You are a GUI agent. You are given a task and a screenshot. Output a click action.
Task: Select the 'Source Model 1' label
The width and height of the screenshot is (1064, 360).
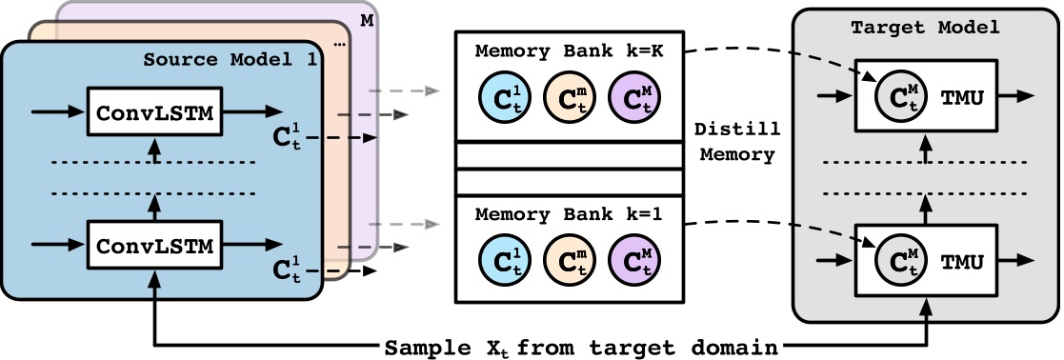pyautogui.click(x=230, y=59)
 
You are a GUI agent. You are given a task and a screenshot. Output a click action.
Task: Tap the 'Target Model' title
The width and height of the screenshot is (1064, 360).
pyautogui.click(x=924, y=28)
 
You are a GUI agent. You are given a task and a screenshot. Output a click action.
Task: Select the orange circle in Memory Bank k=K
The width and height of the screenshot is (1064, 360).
pyautogui.click(x=566, y=96)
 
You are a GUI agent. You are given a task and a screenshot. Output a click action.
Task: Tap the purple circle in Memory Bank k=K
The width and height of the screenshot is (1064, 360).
pyautogui.click(x=632, y=96)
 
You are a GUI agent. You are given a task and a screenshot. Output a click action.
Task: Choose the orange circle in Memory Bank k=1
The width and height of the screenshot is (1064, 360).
pyautogui.click(x=566, y=259)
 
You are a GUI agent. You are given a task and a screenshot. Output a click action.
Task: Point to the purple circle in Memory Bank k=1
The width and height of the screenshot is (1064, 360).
pyautogui.click(x=632, y=259)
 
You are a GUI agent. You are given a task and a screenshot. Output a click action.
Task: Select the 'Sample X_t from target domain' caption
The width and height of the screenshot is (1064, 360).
pyautogui.click(x=582, y=347)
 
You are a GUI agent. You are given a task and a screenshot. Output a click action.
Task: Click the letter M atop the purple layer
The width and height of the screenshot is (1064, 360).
pyautogui.click(x=368, y=18)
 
